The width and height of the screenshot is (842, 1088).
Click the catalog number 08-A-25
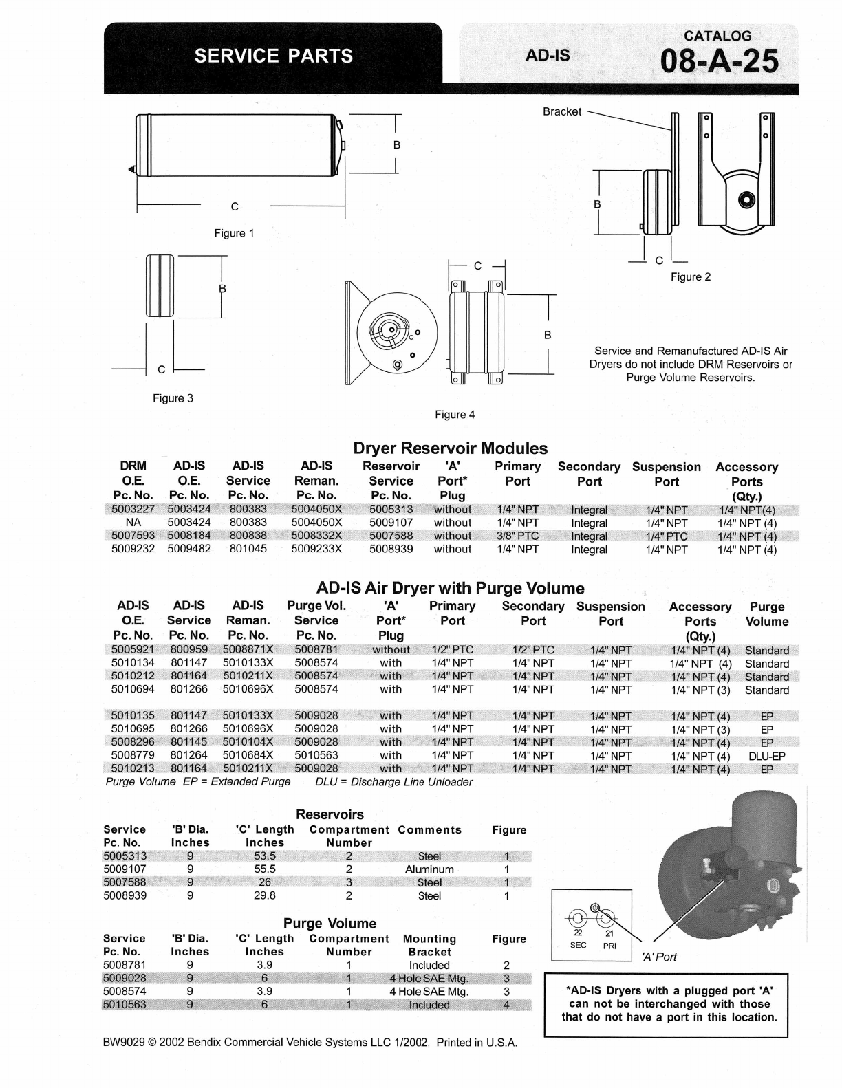point(719,62)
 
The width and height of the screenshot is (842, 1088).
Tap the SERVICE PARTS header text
point(273,56)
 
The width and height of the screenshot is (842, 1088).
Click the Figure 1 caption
point(235,233)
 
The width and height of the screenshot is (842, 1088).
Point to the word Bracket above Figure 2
point(561,111)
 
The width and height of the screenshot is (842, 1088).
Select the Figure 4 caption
point(455,415)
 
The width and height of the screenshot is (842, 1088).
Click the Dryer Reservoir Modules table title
point(450,448)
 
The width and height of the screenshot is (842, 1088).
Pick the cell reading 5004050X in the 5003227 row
point(316,509)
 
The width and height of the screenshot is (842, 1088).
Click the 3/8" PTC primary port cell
point(517,536)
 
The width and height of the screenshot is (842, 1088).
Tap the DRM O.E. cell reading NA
point(133,522)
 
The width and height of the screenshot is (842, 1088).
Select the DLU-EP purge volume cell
point(766,756)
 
